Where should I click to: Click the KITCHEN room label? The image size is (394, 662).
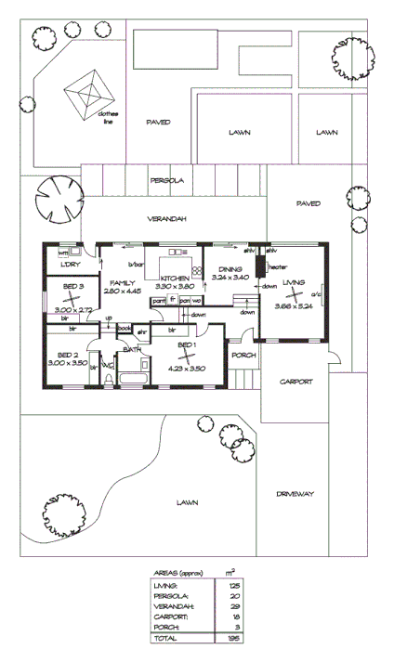(x=175, y=279)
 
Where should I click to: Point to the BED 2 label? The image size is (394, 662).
(x=67, y=355)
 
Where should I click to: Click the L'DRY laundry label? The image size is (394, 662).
(x=71, y=266)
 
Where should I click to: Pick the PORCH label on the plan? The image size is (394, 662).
(x=243, y=356)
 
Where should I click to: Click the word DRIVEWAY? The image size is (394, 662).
(x=296, y=494)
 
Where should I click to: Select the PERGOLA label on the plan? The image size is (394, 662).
(x=168, y=181)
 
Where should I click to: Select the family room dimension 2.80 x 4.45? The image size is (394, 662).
(x=123, y=292)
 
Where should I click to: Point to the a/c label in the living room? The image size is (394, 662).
(x=316, y=296)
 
